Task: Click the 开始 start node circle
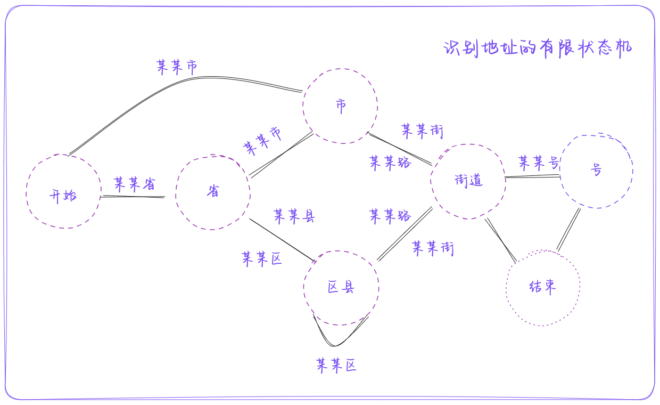tap(63, 192)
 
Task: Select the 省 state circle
tap(213, 192)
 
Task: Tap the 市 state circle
tap(341, 106)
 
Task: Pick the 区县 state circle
tap(341, 288)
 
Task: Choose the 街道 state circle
tap(468, 181)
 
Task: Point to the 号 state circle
tap(597, 171)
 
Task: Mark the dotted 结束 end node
tap(543, 288)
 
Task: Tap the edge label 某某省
tap(135, 184)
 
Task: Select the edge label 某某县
tap(294, 216)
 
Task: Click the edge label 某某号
tap(539, 162)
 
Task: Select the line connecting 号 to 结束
tap(568, 230)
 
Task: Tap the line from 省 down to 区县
tap(282, 240)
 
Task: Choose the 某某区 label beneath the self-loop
tap(336, 366)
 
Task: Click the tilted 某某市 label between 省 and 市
tap(263, 141)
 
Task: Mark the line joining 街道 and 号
tap(532, 176)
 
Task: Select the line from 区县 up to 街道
tap(405, 234)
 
